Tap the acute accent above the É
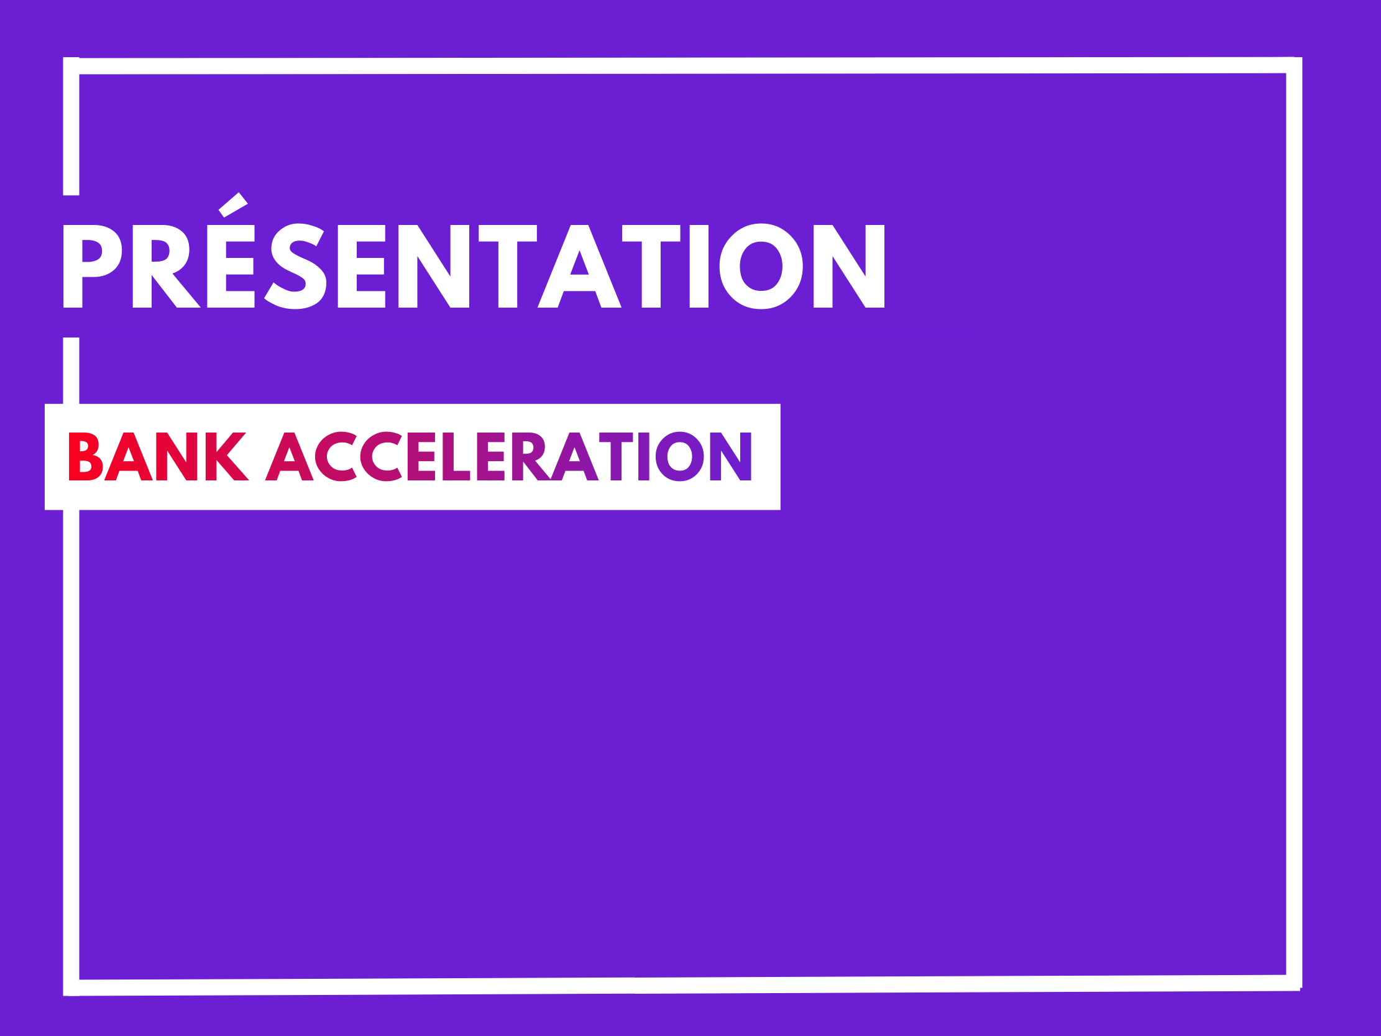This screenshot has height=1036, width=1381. (x=234, y=206)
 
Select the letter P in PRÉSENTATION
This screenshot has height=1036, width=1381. (x=93, y=266)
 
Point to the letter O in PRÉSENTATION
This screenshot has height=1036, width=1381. (x=761, y=266)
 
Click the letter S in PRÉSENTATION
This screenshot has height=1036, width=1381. (x=295, y=266)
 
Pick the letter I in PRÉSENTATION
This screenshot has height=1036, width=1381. (x=699, y=266)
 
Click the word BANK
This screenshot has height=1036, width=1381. (x=158, y=457)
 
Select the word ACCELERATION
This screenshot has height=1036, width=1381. (x=508, y=457)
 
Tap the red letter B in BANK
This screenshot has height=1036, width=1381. (x=86, y=457)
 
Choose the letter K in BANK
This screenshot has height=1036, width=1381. (x=227, y=457)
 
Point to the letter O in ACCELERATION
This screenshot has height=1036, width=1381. (x=680, y=457)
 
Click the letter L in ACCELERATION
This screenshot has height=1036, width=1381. (x=456, y=457)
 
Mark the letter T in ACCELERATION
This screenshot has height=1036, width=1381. (x=616, y=457)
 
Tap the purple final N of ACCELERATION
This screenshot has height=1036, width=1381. (x=730, y=457)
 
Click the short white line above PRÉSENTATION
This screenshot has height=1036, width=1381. (x=71, y=126)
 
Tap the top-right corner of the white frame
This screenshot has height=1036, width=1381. (x=1301, y=57)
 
